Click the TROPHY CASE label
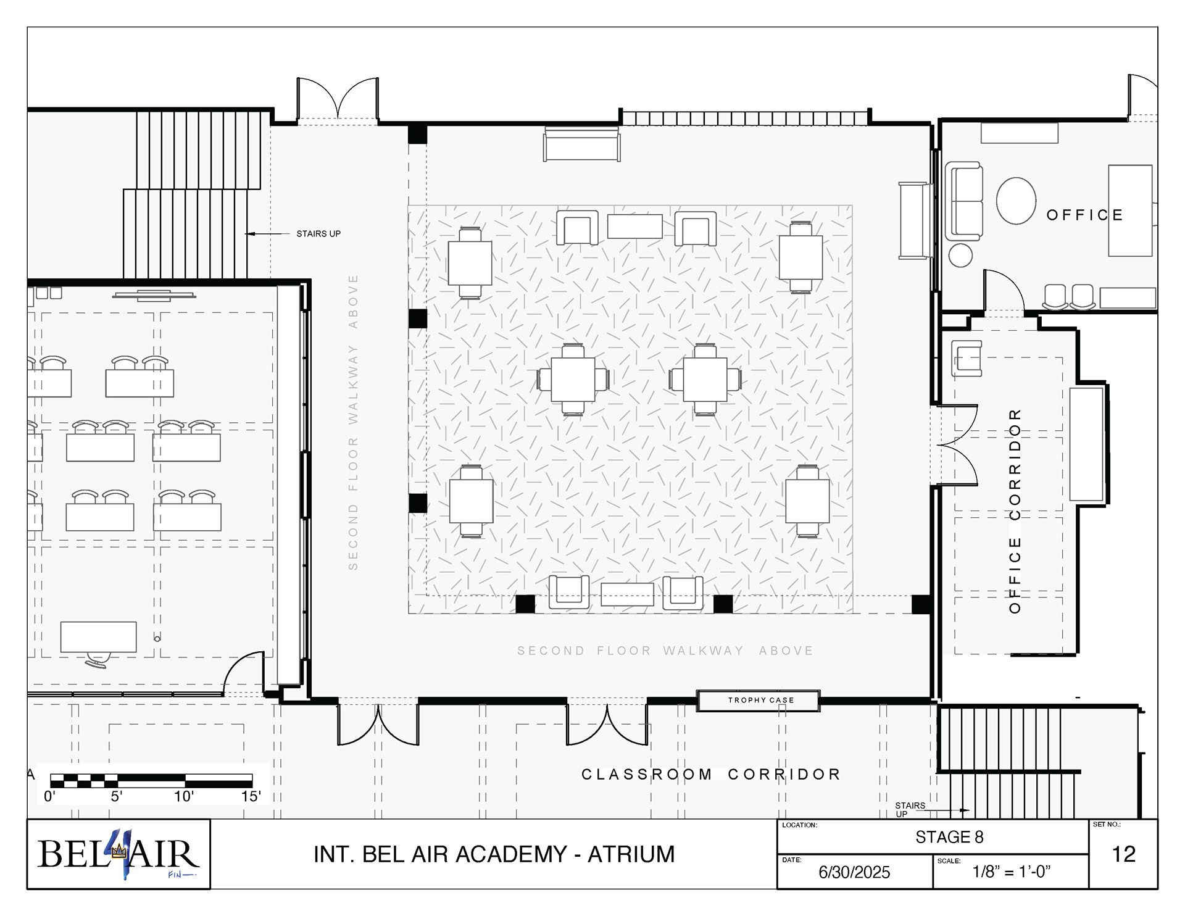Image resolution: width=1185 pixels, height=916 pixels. (x=760, y=700)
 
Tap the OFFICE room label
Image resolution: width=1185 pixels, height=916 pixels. (x=1084, y=215)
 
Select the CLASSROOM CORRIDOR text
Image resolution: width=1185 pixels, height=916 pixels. (x=711, y=774)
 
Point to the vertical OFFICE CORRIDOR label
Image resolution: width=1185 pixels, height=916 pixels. (x=1015, y=510)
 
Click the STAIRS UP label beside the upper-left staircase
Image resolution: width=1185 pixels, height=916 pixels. (x=318, y=233)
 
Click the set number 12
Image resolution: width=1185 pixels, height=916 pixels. (x=1123, y=854)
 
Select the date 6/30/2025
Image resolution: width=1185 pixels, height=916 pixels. (x=854, y=872)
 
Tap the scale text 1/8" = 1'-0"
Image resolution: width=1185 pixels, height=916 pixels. (x=1011, y=871)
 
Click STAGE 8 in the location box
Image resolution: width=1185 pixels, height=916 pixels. (x=949, y=837)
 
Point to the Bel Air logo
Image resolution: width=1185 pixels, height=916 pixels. (x=118, y=854)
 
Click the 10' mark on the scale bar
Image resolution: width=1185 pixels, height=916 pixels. (x=184, y=796)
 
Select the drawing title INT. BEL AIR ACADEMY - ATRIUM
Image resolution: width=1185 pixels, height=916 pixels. (x=494, y=854)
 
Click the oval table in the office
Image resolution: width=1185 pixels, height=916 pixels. (x=1016, y=201)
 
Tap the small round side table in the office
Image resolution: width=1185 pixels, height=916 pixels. (x=960, y=255)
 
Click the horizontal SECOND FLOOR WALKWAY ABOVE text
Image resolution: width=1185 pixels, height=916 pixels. (x=665, y=651)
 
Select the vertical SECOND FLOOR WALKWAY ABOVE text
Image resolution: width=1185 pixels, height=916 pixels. (x=353, y=422)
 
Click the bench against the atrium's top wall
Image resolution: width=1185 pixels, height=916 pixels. (x=581, y=144)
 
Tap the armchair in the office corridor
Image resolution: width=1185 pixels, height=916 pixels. (x=967, y=358)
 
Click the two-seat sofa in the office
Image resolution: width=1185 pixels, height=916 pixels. (x=964, y=201)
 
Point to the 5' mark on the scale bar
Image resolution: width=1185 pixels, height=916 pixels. (x=117, y=796)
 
